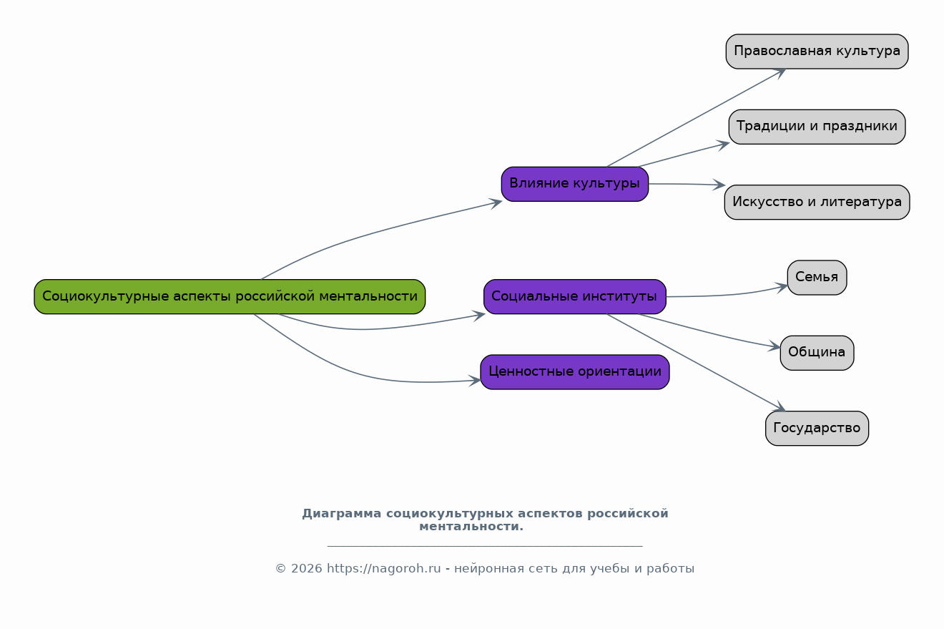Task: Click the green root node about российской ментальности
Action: tap(230, 296)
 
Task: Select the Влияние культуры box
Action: tap(574, 184)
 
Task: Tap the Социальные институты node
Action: tap(574, 296)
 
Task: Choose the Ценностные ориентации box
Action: tap(574, 372)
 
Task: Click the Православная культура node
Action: tap(817, 52)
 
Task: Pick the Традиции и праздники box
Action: tap(817, 127)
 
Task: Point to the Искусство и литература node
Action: tap(817, 203)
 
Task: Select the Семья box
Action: tap(817, 278)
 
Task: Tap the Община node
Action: tap(817, 353)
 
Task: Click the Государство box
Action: tap(817, 429)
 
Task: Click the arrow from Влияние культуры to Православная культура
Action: tap(694, 119)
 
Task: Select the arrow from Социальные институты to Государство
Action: tap(694, 361)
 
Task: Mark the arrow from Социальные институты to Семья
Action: tap(729, 294)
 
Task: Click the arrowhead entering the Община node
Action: tap(775, 347)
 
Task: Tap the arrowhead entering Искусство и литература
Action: tap(719, 185)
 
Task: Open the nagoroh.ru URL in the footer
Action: tap(383, 569)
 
